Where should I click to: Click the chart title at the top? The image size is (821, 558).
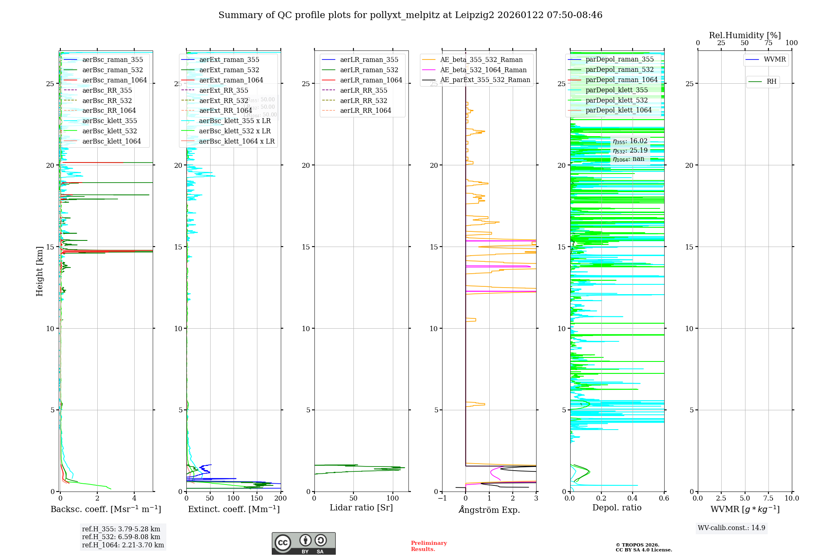[410, 15]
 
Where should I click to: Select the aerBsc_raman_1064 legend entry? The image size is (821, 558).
[115, 80]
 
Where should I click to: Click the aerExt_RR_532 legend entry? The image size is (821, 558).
[223, 101]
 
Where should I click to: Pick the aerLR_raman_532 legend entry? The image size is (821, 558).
[369, 70]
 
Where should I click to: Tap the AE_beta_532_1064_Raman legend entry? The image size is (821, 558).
[483, 70]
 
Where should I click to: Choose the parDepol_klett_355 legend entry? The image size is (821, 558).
[617, 90]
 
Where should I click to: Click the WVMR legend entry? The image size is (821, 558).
[775, 59]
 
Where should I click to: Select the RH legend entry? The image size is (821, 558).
[771, 82]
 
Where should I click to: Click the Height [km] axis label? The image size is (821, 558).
[39, 271]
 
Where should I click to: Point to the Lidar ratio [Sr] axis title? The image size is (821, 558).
[361, 508]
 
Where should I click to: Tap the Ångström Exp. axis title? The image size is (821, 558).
[489, 510]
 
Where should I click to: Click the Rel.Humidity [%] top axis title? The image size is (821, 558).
[745, 35]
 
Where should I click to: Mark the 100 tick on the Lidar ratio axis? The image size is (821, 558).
[393, 498]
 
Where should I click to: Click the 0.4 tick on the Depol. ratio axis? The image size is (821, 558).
[633, 498]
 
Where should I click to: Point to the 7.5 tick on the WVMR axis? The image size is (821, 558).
[768, 498]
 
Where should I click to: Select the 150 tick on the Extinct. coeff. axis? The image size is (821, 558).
[257, 498]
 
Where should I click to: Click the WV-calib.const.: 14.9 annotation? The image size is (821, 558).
[732, 528]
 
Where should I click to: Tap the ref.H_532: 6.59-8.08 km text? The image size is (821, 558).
[121, 537]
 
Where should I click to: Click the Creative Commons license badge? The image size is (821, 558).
[303, 543]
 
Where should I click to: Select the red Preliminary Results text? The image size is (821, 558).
[429, 546]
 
